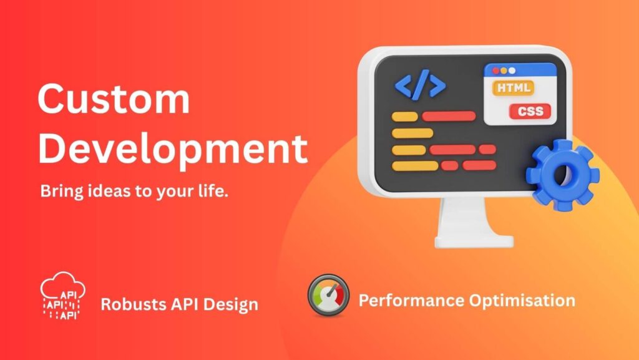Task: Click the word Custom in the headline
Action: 114,99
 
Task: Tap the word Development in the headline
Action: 173,148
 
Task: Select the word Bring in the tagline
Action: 61,191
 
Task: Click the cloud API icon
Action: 63,296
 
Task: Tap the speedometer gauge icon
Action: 328,295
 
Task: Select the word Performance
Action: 411,301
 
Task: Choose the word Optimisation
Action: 522,301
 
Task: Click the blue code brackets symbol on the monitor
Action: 420,85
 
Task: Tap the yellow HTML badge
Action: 513,87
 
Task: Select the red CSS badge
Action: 530,111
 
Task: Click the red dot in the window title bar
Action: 496,71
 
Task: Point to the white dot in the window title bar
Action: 512,71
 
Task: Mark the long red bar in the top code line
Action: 449,116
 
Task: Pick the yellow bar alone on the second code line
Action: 412,133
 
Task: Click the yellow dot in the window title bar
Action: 504,71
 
